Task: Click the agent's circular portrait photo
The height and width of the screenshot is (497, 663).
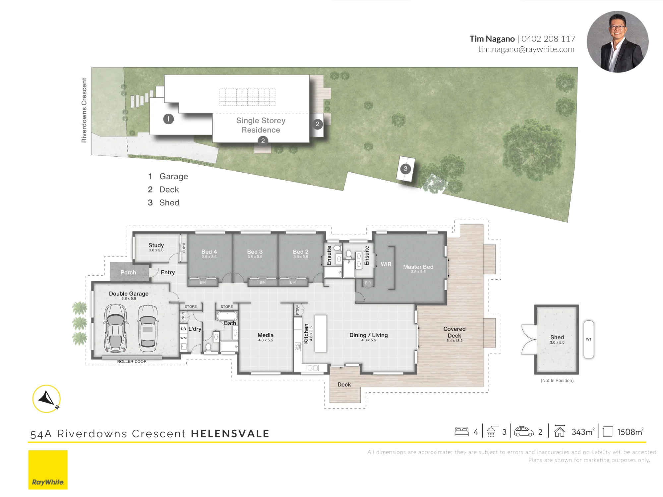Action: click(617, 42)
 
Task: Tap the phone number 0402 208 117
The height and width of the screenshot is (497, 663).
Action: click(548, 39)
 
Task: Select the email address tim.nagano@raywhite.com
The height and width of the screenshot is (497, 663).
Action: click(526, 49)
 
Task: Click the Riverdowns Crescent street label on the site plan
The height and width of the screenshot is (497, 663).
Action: click(84, 110)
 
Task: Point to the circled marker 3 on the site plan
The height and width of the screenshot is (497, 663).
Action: click(405, 169)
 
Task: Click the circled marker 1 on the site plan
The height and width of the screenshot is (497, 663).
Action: click(168, 119)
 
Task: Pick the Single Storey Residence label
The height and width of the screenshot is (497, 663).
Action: click(261, 125)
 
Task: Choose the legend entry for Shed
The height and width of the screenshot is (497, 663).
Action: click(163, 202)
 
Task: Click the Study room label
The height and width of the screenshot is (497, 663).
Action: click(156, 245)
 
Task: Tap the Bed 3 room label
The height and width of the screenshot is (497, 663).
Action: click(255, 252)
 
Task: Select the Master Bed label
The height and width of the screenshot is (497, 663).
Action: click(418, 267)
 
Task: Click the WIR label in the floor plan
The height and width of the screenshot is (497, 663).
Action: click(386, 264)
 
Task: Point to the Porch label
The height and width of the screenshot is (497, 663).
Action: click(128, 272)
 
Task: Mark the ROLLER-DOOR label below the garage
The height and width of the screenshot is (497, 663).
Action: click(132, 361)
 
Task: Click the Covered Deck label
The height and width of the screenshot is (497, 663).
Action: click(454, 332)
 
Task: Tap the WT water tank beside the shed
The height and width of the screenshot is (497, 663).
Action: click(589, 339)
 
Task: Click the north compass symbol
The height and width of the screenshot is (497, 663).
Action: click(46, 399)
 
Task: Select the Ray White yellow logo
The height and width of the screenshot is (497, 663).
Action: click(48, 470)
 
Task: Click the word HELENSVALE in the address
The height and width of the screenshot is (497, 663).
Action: click(230, 434)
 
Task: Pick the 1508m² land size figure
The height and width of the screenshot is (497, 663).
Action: click(630, 432)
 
